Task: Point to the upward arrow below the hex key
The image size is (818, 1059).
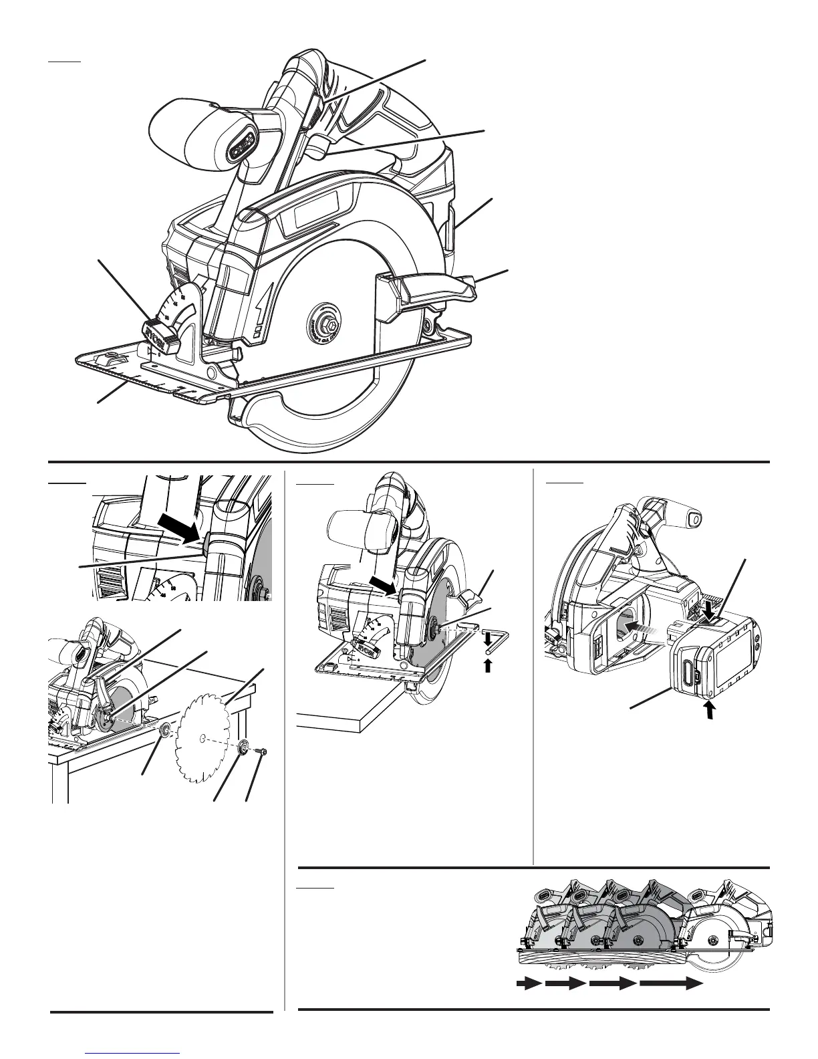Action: [x=489, y=665]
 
